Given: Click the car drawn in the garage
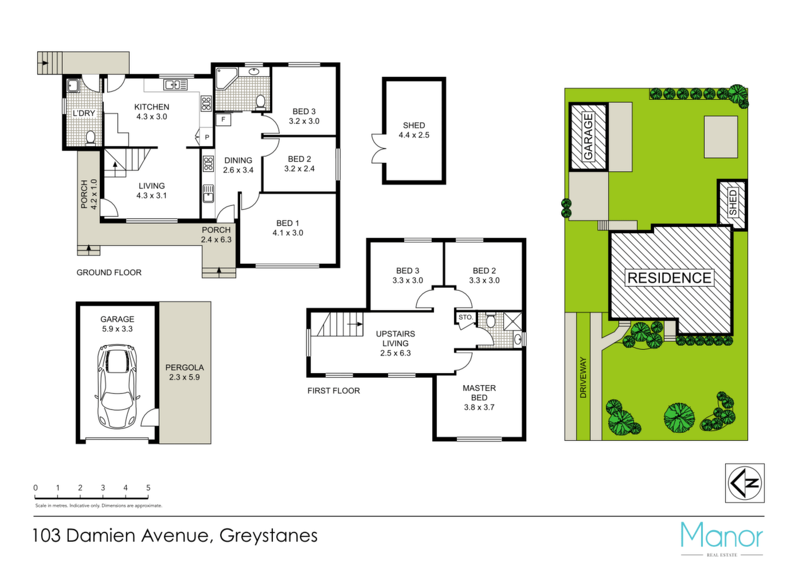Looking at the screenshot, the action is [x=118, y=387].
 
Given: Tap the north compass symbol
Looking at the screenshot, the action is [x=745, y=483].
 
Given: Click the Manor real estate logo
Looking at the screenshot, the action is [x=722, y=539].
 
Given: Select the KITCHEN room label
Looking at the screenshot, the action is [x=152, y=107].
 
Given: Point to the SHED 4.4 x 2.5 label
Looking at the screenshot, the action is [x=414, y=130].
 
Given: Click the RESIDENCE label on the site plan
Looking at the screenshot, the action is [x=670, y=278].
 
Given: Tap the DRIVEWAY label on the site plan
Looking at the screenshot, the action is [x=583, y=378].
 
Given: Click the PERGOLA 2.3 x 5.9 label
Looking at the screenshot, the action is [x=185, y=372].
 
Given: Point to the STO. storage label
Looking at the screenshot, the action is [x=465, y=317].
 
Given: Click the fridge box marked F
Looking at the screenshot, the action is [x=224, y=119].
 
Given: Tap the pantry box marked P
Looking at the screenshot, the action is [x=207, y=137].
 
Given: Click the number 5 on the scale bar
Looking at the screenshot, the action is [x=148, y=487].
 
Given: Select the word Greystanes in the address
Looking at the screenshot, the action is [x=269, y=535].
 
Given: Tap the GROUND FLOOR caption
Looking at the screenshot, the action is [x=109, y=273].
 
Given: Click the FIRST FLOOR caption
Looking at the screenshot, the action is [x=334, y=391].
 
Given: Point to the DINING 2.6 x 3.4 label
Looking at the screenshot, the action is [x=238, y=165].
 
